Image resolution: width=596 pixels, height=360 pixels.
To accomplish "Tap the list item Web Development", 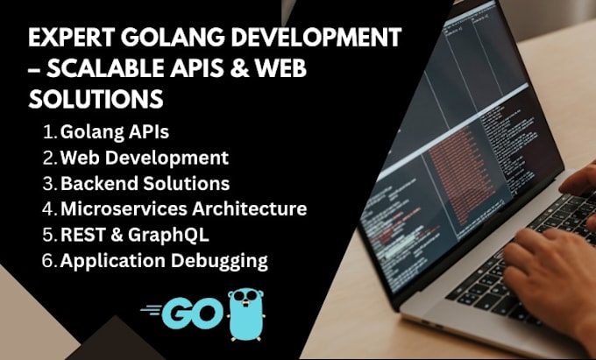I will tap(144, 159).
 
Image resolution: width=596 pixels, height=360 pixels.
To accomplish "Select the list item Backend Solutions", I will tap(145, 184).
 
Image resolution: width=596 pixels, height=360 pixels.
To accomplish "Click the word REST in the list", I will tap(82, 235).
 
